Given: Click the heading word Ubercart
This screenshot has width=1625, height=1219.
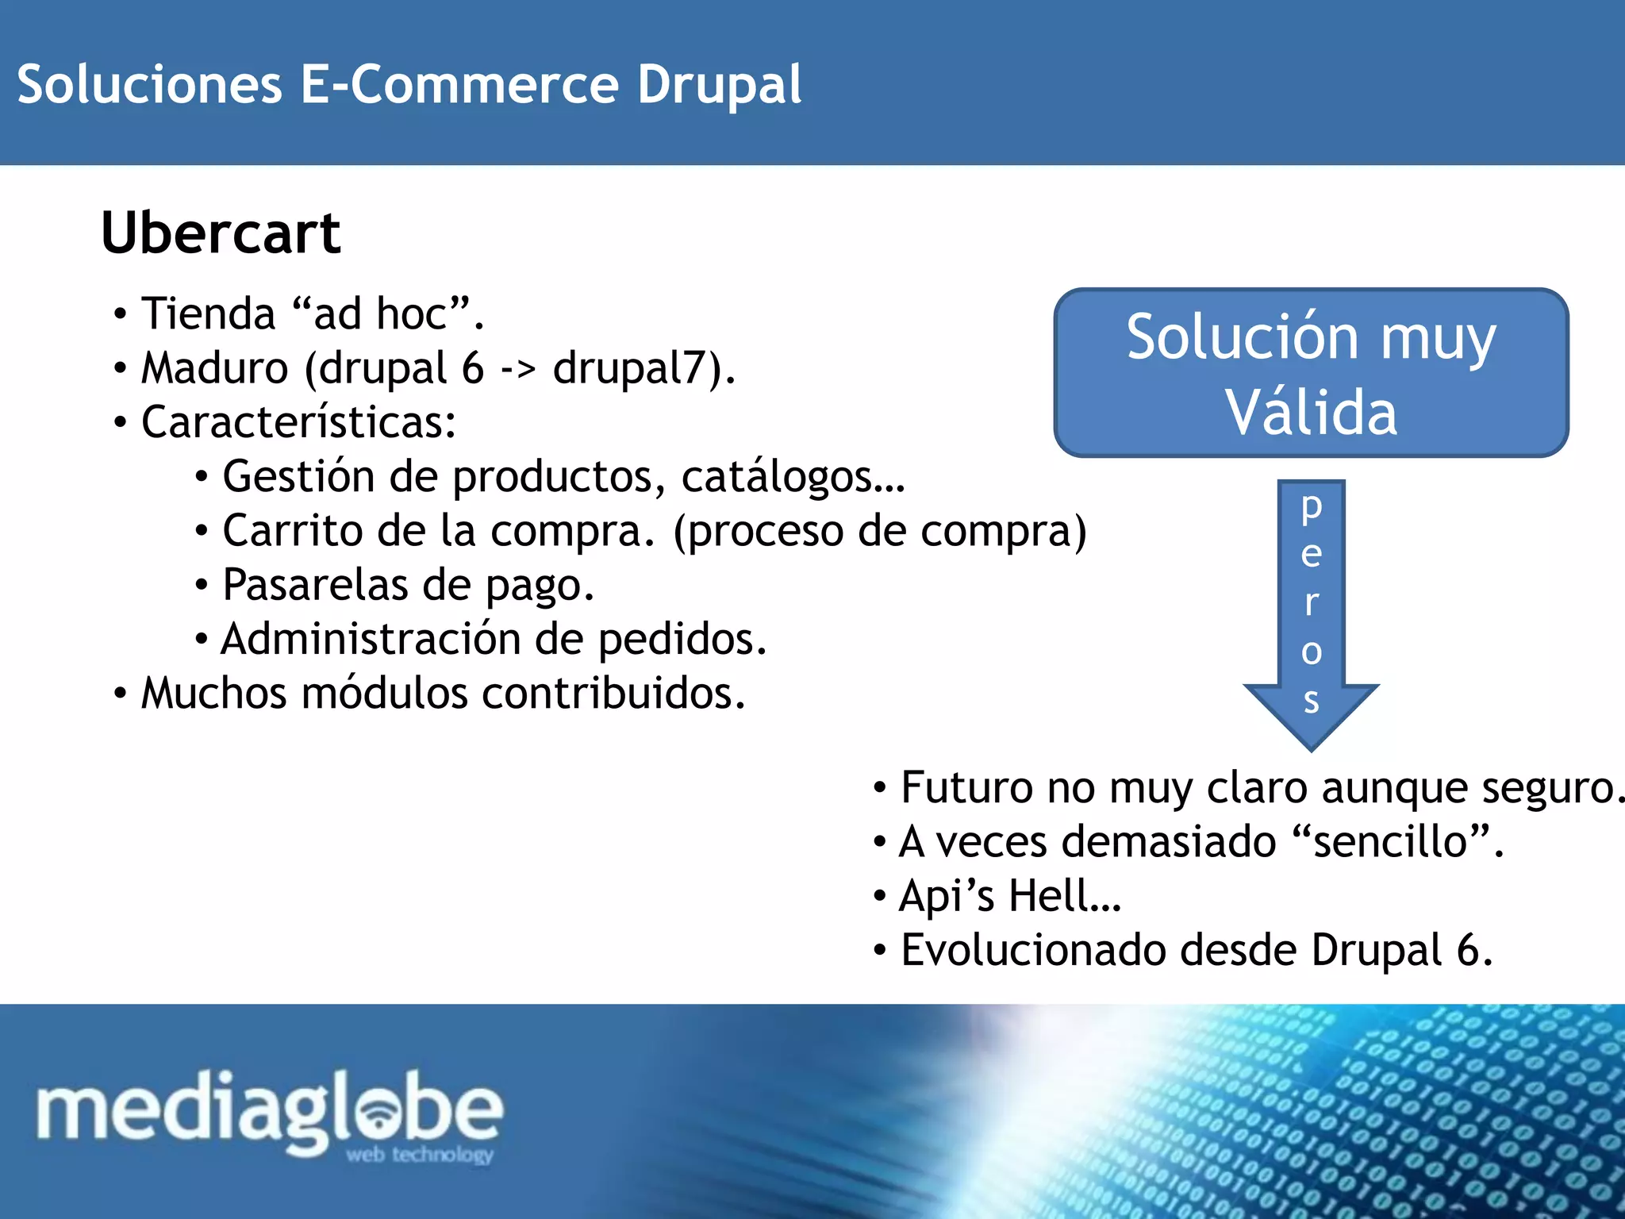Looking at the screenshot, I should (221, 233).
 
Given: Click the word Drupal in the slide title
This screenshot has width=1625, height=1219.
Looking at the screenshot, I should (719, 85).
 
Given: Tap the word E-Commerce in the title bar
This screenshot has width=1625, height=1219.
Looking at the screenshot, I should (459, 85).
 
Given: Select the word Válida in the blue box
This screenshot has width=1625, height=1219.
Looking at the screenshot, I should (1311, 413).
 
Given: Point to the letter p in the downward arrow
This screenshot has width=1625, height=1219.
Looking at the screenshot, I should (1312, 507).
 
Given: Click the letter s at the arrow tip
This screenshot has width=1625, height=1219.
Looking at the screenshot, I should (1312, 700).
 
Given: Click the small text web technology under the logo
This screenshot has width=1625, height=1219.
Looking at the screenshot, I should (420, 1154).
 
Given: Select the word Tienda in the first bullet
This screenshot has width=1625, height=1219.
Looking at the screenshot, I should (208, 313).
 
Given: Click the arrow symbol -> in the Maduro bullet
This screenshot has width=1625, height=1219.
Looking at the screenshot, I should (518, 368).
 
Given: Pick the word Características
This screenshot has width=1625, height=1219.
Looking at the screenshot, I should (298, 422).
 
